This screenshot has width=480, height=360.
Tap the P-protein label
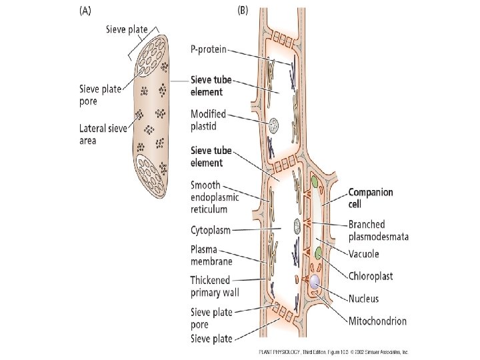coord(209,49)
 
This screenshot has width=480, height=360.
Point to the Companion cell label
coord(370,197)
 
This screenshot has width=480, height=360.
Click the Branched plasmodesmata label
coord(379,230)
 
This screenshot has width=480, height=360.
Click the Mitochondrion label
coord(377,321)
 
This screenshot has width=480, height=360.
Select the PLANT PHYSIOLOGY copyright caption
coord(333,351)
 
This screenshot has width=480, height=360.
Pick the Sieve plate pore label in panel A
coord(100,95)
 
